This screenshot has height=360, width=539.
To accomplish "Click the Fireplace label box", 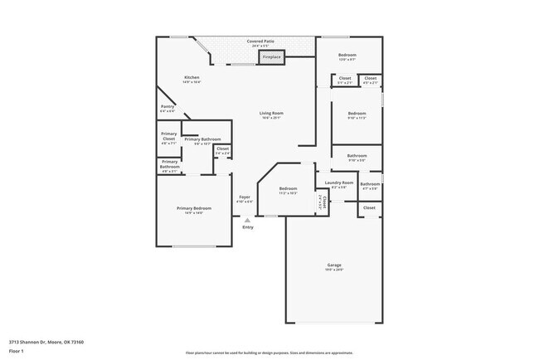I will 271,56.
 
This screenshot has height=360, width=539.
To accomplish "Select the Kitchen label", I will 192,77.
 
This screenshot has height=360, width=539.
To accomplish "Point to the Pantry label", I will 167,106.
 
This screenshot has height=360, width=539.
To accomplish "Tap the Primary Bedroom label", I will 193,207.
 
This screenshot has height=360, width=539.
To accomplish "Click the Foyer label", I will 245,197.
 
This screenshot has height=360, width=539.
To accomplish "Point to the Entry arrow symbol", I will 247,220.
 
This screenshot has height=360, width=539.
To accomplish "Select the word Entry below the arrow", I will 247,227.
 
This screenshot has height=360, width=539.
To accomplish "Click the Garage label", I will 333,265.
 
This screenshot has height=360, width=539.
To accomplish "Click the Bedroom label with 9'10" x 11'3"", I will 357,113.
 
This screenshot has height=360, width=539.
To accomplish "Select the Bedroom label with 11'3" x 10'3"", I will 288,188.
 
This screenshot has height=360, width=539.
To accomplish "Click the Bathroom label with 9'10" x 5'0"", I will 357,155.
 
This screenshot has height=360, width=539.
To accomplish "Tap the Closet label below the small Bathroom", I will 369,207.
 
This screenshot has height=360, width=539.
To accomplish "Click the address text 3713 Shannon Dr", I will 46,341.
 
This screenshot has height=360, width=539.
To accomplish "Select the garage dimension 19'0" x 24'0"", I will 333,270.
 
